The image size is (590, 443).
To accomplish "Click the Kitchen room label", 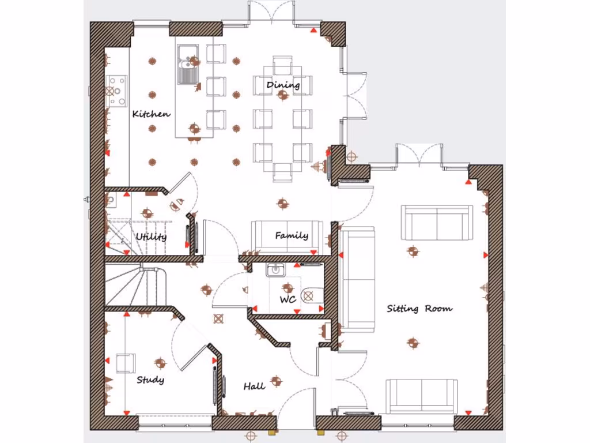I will coord(152,114).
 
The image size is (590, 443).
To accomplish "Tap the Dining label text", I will coord(283,85).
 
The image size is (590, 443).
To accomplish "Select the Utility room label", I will coord(152,236).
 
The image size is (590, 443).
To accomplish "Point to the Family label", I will coord(291,235).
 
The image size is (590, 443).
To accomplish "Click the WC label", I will coord(288,299).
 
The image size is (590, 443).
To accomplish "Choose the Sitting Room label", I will coord(419,309).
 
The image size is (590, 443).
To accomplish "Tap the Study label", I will coord(150,380).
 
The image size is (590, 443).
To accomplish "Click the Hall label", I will coord(254,386).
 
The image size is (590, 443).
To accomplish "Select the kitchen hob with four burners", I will coord(116,91).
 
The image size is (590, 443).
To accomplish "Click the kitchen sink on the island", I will coord(187,63).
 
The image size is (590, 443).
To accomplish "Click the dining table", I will coord(283,115).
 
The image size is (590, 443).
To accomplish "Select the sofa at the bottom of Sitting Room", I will coord(422,396).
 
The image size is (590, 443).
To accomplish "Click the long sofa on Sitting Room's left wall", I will coord(356,279).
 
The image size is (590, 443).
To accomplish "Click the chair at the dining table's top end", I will coord(283,65).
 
